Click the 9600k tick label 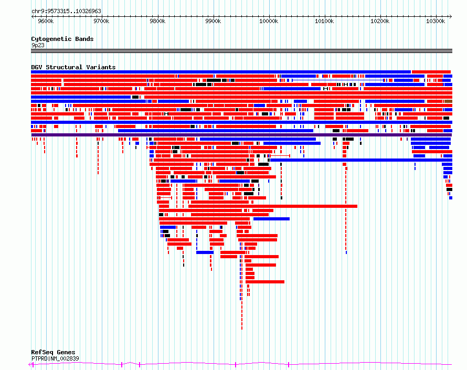[46, 21]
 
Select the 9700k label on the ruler [102, 21]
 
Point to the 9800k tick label [157, 21]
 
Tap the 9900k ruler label [213, 21]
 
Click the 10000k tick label [269, 21]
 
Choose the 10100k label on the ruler [324, 21]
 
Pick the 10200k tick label [380, 21]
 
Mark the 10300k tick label [436, 21]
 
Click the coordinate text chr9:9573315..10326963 [67, 12]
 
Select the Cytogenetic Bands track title [62, 39]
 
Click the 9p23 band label [38, 45]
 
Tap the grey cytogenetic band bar [241, 51]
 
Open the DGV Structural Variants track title [73, 67]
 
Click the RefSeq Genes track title [53, 352]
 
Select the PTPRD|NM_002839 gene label [55, 358]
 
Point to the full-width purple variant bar [241, 135]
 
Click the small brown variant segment [449, 101]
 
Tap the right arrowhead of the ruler [451, 16]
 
